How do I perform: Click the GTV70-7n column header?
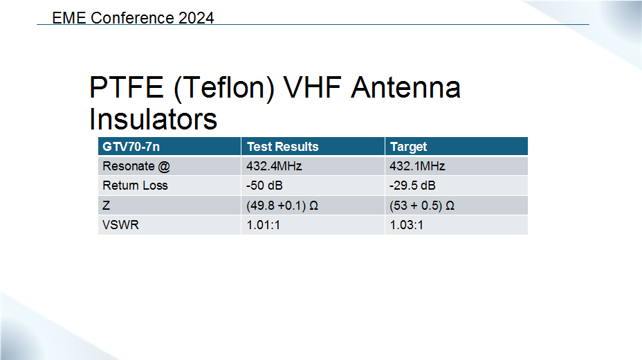pos(131,147)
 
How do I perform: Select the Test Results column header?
pos(282,147)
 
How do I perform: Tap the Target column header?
pos(408,147)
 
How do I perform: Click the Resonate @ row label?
pos(136,166)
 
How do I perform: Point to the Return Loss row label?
pos(135,186)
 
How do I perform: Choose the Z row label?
pos(106,205)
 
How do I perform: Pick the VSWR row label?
pos(121,225)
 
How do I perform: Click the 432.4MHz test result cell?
pos(274,166)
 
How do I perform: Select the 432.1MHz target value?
pos(417,166)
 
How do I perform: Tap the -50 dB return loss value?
pos(264,186)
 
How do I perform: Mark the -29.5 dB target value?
pos(412,186)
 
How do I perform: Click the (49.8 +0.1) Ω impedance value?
pos(282,206)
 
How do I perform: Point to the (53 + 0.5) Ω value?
pos(422,206)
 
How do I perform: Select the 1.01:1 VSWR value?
pos(264,225)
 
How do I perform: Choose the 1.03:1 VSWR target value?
pos(407,225)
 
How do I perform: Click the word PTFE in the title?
pos(127,87)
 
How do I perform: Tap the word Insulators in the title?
pos(153,119)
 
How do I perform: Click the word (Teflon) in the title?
pos(224,88)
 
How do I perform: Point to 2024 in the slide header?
pos(196,18)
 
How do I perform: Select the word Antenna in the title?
pos(406,87)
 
